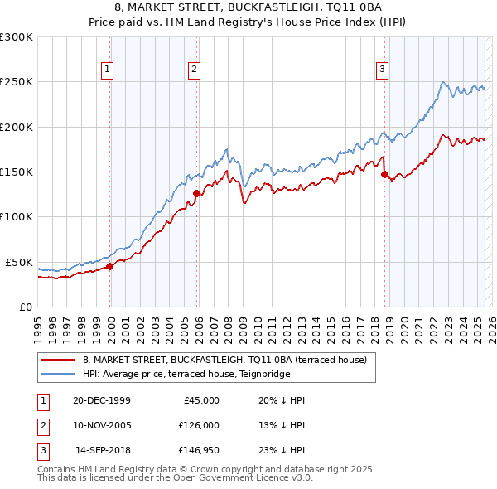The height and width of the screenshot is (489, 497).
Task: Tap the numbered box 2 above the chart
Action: (194, 70)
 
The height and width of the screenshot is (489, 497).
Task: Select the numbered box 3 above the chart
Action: (383, 70)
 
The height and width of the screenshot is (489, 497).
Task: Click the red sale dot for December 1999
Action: (110, 267)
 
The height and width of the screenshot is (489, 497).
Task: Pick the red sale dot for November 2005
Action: (197, 194)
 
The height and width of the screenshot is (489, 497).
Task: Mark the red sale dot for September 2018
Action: (385, 175)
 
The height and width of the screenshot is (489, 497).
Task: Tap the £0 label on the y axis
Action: (26, 307)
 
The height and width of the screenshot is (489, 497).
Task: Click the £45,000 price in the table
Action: (201, 400)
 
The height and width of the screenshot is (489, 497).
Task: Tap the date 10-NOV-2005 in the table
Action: (101, 425)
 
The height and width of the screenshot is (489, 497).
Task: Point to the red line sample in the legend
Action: (59, 360)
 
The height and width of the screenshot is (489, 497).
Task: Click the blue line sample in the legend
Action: (59, 374)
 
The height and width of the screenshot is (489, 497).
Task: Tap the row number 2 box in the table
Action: (42, 425)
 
